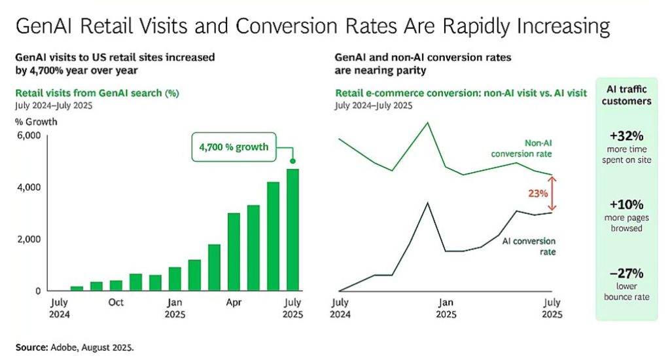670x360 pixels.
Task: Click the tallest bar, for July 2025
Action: [x=292, y=229]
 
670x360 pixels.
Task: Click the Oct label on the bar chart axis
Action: [x=116, y=302]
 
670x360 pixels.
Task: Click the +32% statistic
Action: [x=626, y=137]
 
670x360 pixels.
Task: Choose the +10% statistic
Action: [x=626, y=204]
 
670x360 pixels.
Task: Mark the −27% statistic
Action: [x=626, y=273]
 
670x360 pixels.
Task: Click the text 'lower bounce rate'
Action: [x=626, y=291]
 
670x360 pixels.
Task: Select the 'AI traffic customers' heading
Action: [x=626, y=96]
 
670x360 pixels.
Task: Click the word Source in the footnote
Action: [x=31, y=346]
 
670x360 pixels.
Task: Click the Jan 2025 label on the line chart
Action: [x=446, y=308]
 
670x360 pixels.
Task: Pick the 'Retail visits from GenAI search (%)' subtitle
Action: [x=96, y=92]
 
